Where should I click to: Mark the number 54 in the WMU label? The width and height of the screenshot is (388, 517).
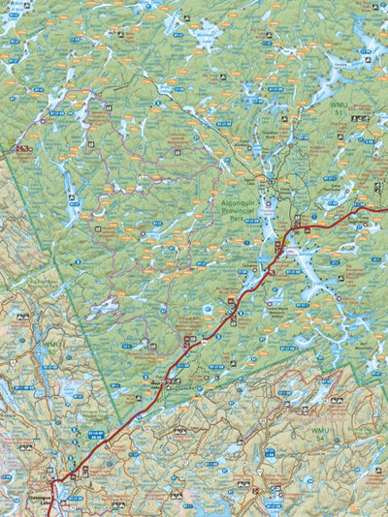click(x=321, y=437)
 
